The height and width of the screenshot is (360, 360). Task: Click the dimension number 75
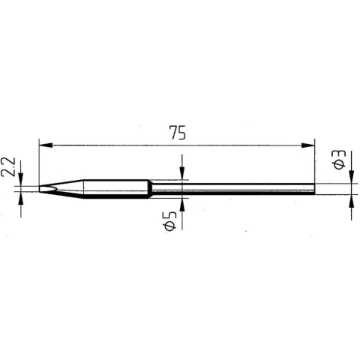(x=177, y=133)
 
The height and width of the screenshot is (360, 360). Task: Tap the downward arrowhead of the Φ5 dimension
(x=181, y=174)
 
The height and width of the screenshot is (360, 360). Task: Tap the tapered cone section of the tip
(x=64, y=188)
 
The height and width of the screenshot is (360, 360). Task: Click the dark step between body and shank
(x=150, y=188)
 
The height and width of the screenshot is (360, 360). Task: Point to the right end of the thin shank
(x=312, y=188)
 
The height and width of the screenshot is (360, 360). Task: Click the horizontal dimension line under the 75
(x=225, y=145)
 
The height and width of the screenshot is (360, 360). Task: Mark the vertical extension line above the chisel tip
(x=37, y=161)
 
